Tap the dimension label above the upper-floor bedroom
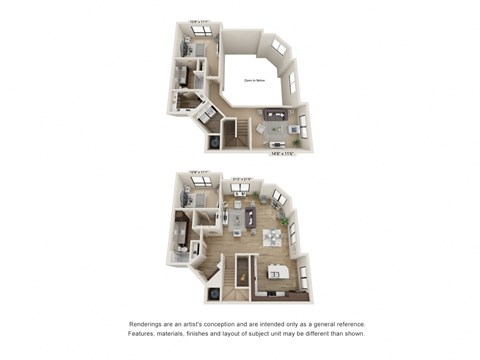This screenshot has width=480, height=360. [x=199, y=21]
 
